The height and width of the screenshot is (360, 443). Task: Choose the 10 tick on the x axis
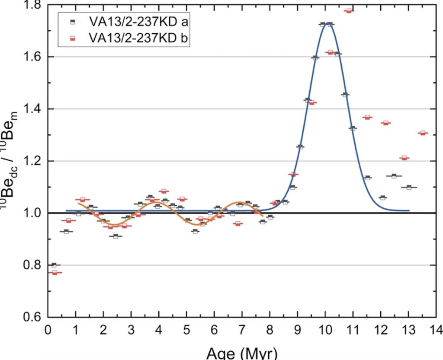click(x=325, y=330)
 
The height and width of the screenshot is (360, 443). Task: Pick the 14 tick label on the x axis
click(x=436, y=330)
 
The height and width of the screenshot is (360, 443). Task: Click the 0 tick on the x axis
click(x=48, y=330)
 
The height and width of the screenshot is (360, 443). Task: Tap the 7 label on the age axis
click(x=242, y=330)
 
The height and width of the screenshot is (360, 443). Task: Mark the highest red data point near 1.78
click(x=349, y=11)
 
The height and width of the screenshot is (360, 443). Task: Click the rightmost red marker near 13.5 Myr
click(x=423, y=133)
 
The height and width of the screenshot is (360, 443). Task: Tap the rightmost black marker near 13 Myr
click(x=409, y=187)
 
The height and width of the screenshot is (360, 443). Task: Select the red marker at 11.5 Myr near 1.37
click(x=367, y=117)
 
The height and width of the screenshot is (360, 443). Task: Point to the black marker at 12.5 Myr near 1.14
click(x=394, y=176)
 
